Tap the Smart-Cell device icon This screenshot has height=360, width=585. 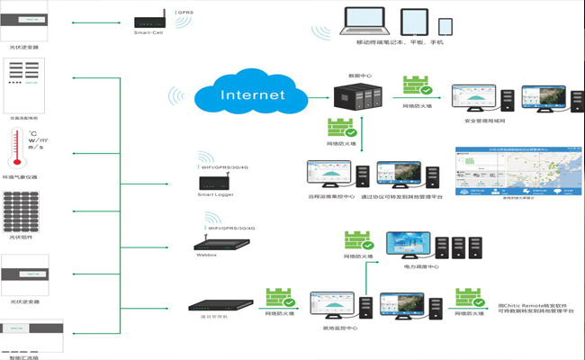[x=148, y=20]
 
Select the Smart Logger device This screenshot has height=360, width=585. [x=215, y=184]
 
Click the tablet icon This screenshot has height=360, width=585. [x=413, y=22]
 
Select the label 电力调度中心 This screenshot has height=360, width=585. [x=420, y=267]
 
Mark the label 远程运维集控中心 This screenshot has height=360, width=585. [x=328, y=195]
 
